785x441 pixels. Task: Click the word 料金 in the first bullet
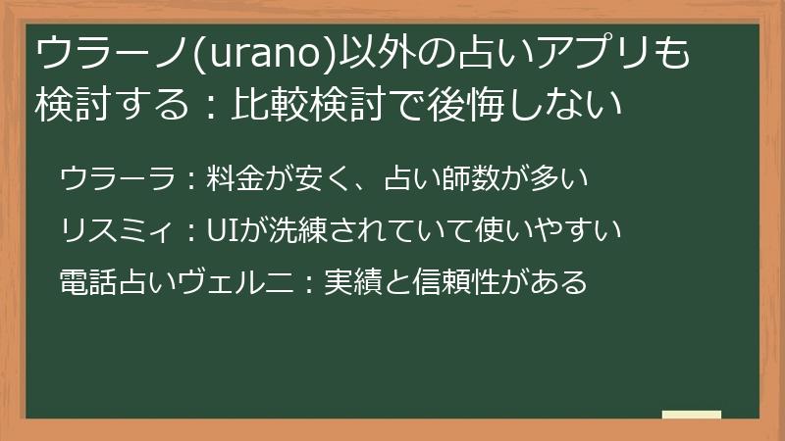coord(235,178)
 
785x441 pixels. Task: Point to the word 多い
coord(559,178)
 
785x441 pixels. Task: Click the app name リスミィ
coord(118,230)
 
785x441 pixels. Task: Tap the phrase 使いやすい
coord(549,230)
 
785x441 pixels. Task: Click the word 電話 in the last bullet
coord(88,282)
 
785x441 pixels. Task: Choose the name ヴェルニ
coord(235,282)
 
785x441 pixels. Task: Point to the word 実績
coord(353,282)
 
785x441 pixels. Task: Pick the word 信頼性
coord(456,282)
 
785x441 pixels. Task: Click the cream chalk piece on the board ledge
coord(692,415)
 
